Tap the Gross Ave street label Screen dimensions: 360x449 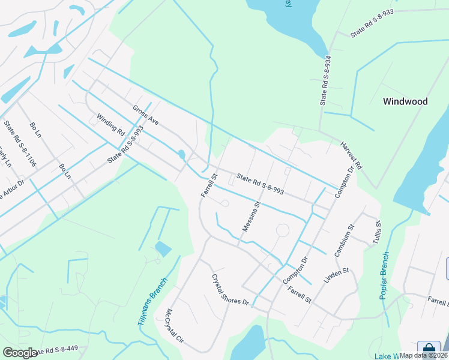click(x=146, y=115)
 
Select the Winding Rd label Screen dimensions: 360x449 click(x=110, y=124)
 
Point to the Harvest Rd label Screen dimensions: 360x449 click(x=352, y=154)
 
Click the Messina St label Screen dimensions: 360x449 click(x=250, y=216)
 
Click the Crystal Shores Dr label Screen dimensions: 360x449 click(x=229, y=290)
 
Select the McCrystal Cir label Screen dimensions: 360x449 click(x=176, y=326)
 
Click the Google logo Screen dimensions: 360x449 click(x=20, y=353)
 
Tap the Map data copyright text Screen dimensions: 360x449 click(x=424, y=355)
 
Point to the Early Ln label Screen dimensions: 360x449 click(x=5, y=157)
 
